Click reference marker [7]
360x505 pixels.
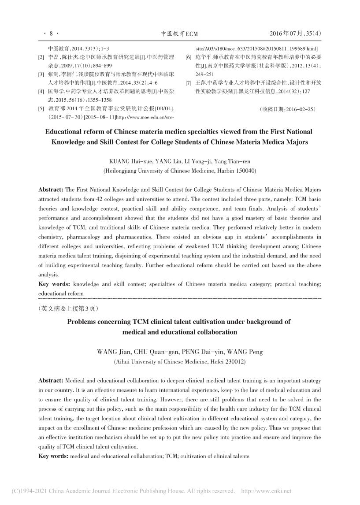(x=188, y=83)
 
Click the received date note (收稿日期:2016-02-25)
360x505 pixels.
(x=287, y=108)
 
